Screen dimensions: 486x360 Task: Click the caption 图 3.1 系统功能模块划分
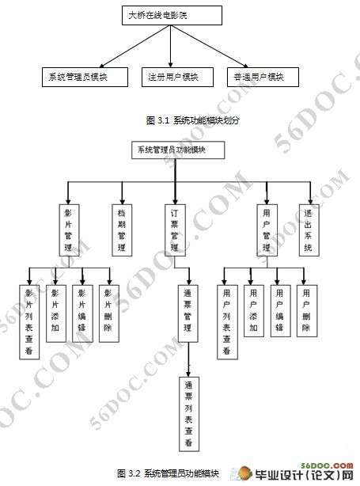tap(193, 120)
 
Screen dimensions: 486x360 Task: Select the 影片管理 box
tap(68, 230)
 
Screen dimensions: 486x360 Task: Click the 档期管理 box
tap(121, 230)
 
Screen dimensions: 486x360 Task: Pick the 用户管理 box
tap(267, 230)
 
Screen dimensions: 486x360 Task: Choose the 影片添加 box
tap(55, 313)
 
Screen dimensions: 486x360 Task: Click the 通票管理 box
tap(188, 313)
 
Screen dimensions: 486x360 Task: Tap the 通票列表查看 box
tap(188, 412)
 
